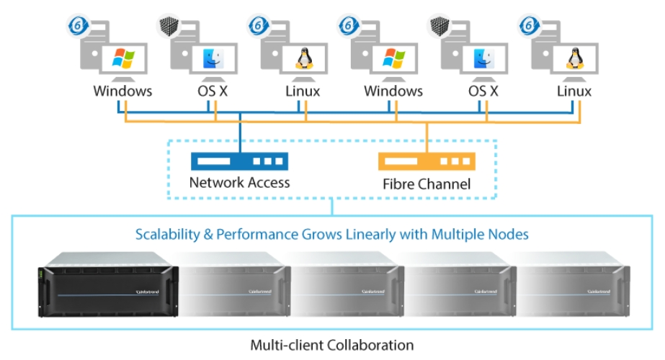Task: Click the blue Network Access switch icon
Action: click(239, 161)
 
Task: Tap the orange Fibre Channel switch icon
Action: click(427, 161)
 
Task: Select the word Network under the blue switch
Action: click(215, 182)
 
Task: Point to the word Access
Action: click(267, 182)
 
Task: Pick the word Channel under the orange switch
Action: click(446, 184)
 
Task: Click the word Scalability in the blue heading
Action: click(167, 234)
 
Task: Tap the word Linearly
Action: click(367, 234)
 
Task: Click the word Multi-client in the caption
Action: click(284, 345)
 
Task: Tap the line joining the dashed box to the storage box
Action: click(331, 207)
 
